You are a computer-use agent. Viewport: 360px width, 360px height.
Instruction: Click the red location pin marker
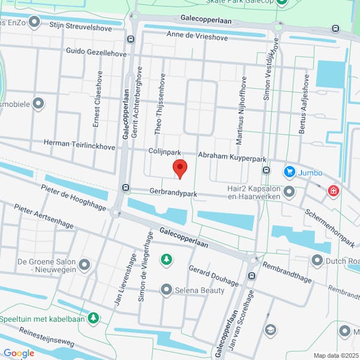pos(180,168)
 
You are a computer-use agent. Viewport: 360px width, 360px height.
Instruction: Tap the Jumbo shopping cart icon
pos(290,172)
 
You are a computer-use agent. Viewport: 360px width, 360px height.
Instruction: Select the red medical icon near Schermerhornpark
pos(333,191)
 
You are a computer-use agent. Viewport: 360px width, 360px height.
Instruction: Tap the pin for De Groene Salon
pos(84,264)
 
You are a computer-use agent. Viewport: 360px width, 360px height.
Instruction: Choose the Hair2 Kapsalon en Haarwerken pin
pos(289,192)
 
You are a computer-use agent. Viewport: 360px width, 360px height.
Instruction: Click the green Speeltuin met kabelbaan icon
pos(92,317)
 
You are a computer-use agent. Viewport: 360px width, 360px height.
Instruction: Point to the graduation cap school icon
pos(271,330)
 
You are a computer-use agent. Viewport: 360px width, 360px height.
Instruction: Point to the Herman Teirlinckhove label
pos(79,144)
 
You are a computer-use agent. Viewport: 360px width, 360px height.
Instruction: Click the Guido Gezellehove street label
pos(96,52)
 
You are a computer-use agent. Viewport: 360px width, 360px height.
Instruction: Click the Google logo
pos(19,353)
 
